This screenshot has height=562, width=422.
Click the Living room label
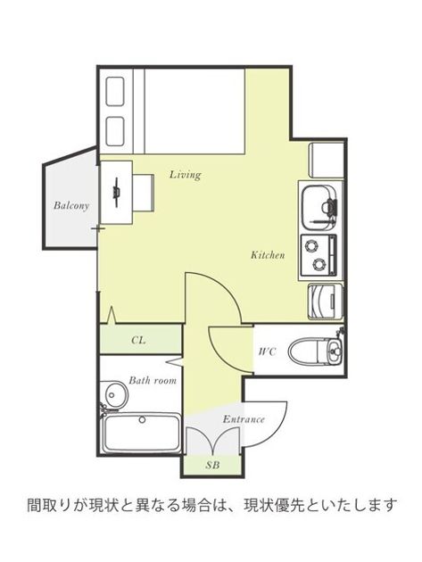pyautogui.click(x=185, y=175)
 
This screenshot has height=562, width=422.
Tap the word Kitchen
pyautogui.click(x=268, y=255)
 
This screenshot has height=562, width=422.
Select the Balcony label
pyautogui.click(x=71, y=206)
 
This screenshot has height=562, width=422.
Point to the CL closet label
pyautogui.click(x=138, y=340)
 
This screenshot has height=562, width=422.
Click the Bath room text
pyautogui.click(x=153, y=380)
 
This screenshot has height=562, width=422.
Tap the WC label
pyautogui.click(x=268, y=351)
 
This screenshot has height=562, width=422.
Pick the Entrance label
pyautogui.click(x=244, y=419)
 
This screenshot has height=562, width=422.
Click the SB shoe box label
pyautogui.click(x=212, y=466)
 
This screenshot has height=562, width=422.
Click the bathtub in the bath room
pyautogui.click(x=141, y=433)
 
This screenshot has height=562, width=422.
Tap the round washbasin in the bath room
pyautogui.click(x=113, y=395)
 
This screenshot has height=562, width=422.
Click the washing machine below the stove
pyautogui.click(x=326, y=302)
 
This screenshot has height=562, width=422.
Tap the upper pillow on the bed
pyautogui.click(x=115, y=91)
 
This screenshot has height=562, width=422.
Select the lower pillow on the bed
pyautogui.click(x=115, y=131)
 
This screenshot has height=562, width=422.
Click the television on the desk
pyautogui.click(x=116, y=192)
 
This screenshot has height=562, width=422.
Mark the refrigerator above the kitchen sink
pyautogui.click(x=327, y=160)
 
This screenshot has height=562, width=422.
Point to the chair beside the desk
pyautogui.click(x=143, y=193)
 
